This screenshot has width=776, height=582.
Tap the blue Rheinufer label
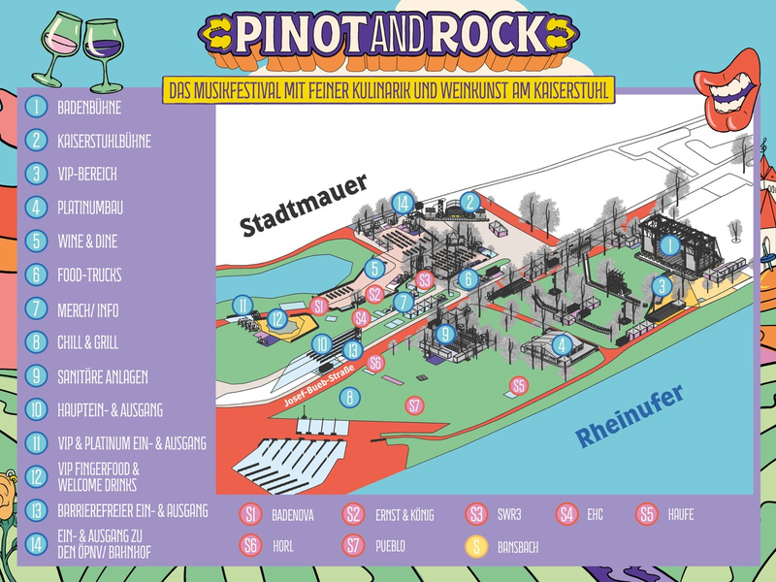[630, 416]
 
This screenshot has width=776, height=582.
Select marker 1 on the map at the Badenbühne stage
[669, 246]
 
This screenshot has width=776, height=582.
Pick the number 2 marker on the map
[470, 202]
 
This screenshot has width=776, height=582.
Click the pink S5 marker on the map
[519, 386]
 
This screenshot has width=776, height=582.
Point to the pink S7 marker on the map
[415, 405]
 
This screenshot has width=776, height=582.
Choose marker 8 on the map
[349, 396]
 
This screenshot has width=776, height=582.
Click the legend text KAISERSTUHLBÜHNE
[104, 141]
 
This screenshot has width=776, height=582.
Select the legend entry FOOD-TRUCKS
[89, 275]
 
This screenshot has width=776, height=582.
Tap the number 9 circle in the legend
[37, 375]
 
